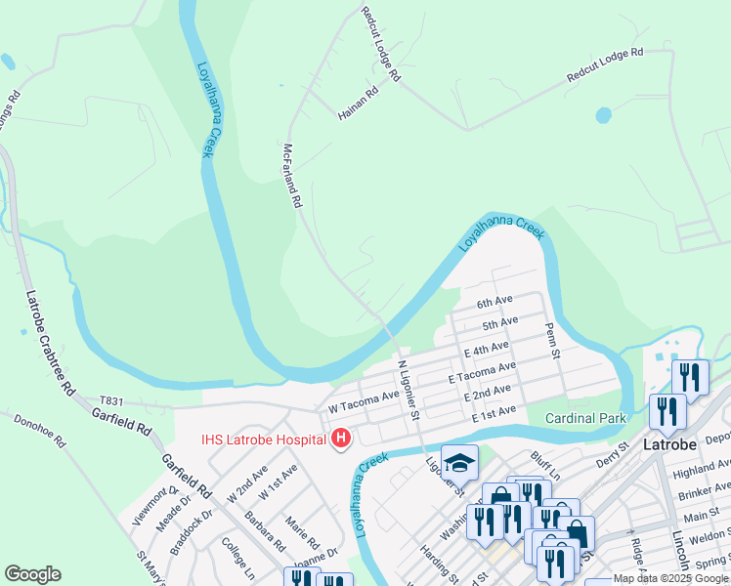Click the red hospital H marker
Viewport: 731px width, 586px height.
coord(340,439)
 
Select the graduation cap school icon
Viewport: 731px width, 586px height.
coord(459,462)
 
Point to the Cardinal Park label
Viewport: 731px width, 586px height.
coord(584,418)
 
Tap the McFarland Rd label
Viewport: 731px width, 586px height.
coord(290,176)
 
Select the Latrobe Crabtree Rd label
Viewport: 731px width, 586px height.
coord(49,342)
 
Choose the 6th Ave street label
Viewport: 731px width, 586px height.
coord(494,301)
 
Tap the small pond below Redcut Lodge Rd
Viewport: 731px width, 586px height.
coord(603,115)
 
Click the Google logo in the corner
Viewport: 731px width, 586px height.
coord(32,573)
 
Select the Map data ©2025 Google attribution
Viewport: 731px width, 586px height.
coord(669,578)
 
